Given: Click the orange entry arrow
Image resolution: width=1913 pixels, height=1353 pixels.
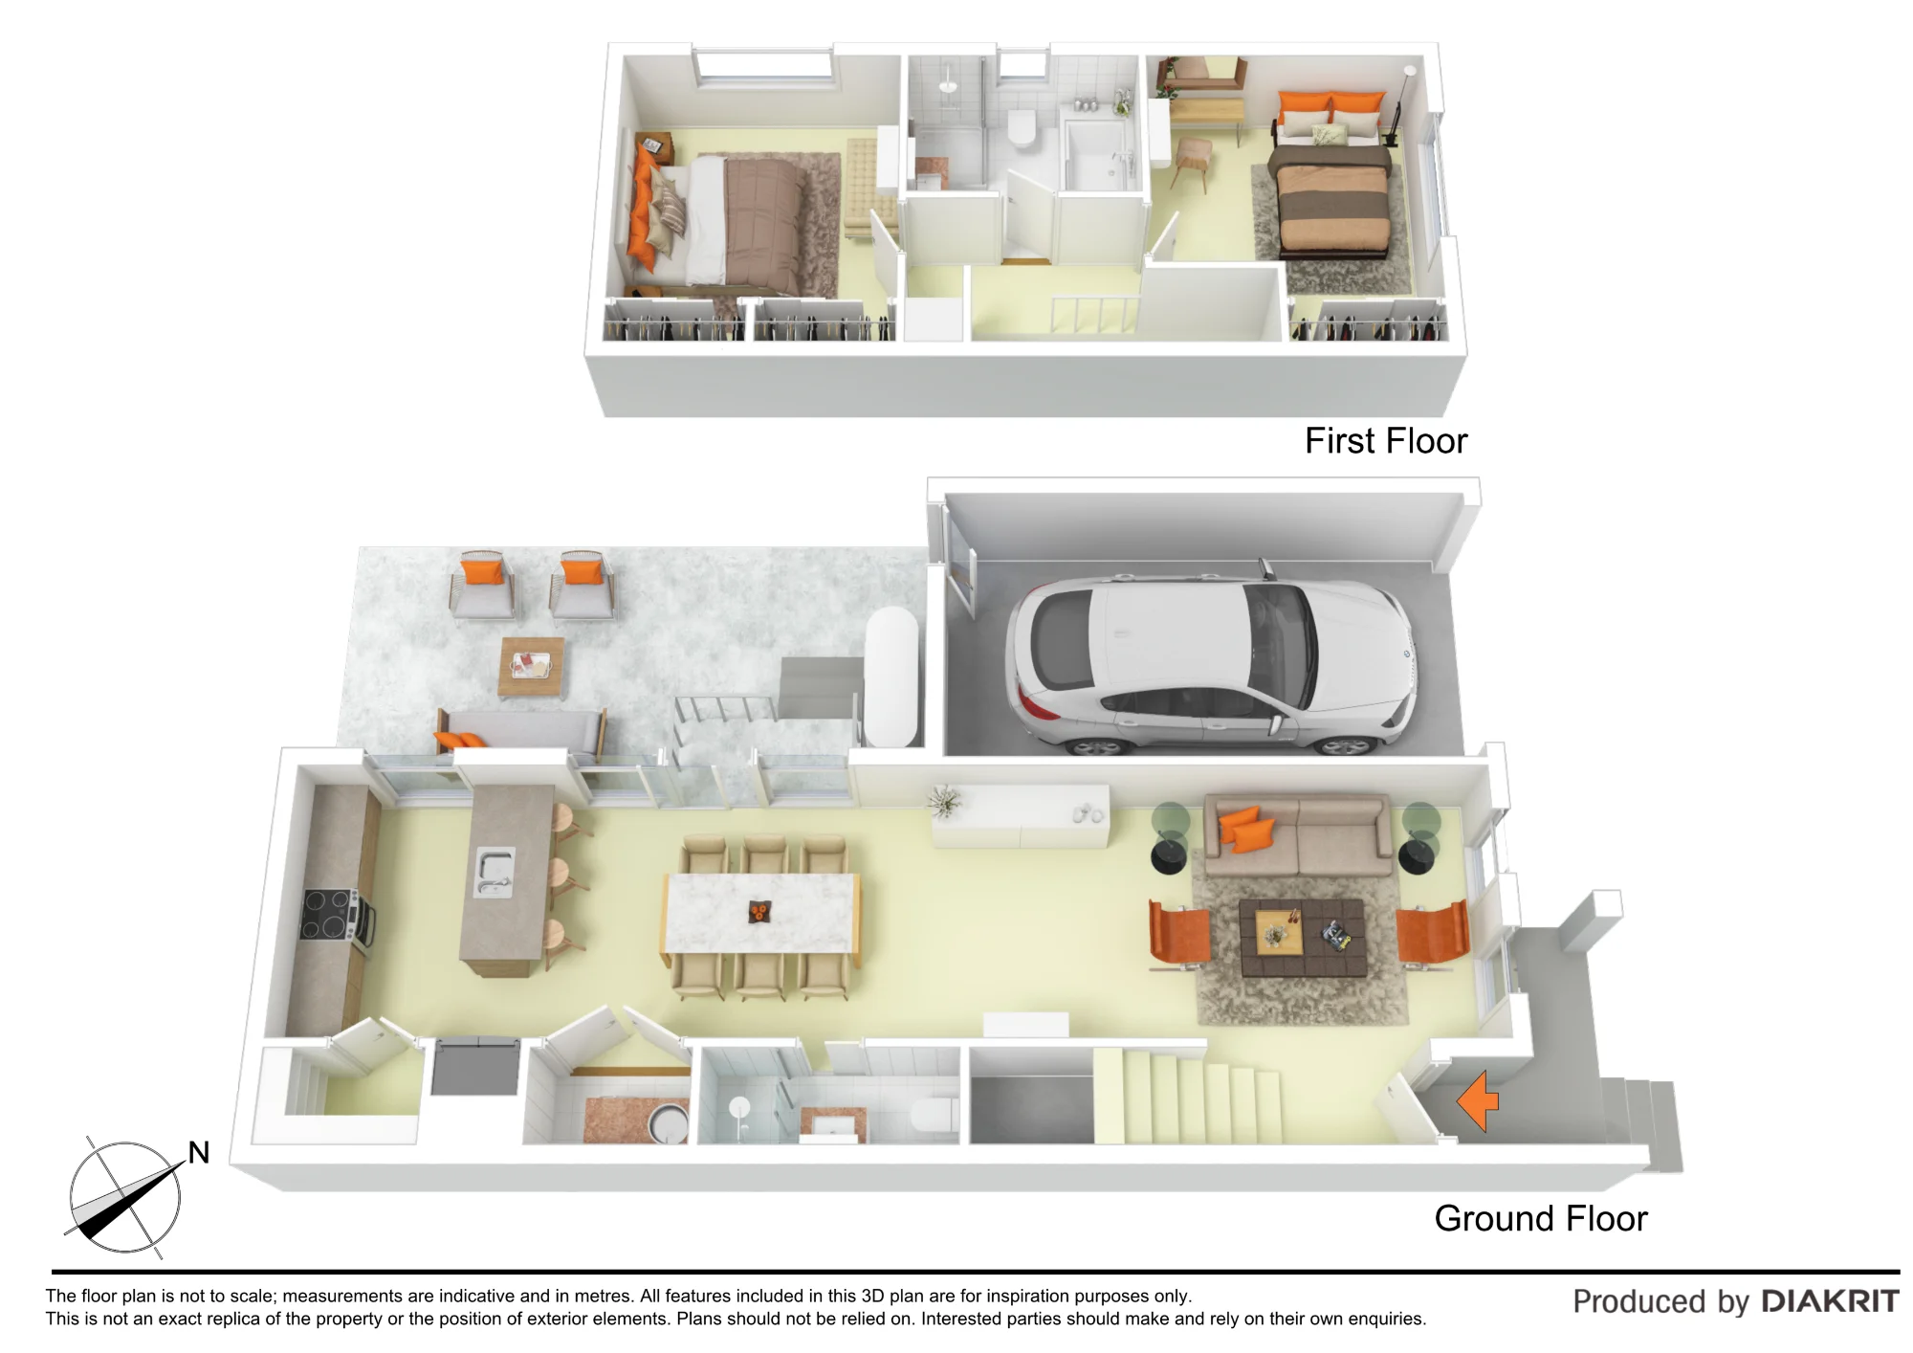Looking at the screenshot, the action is coord(1478,1101).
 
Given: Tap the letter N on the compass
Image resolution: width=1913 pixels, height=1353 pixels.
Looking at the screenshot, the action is coord(199,1152).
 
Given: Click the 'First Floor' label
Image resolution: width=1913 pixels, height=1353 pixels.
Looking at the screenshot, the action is coord(1386,441).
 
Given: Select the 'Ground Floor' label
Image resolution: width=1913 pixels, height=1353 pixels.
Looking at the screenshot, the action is coord(1541,1218).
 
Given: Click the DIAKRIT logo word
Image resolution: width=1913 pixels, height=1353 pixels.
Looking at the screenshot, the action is coord(1830,1301).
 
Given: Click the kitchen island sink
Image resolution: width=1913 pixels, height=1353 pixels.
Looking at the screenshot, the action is coord(495,873).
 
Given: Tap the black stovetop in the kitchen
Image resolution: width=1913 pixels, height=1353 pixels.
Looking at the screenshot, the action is coord(328,915).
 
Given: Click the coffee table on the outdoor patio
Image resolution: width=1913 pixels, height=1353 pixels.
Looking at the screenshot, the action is coord(532,666).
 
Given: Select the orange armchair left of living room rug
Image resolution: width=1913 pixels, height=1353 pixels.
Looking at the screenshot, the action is coord(1179,935).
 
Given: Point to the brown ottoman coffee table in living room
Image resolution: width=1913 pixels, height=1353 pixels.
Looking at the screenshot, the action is coord(1303,937).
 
